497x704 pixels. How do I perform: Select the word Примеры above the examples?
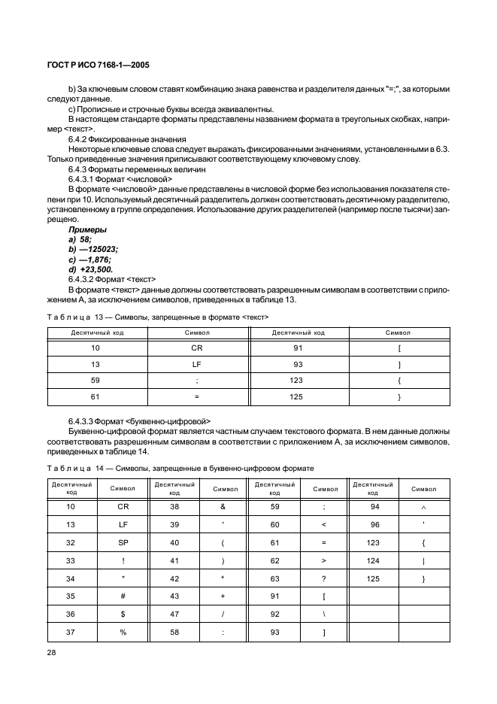[x=87, y=229]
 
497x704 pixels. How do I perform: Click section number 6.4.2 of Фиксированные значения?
[x=80, y=139]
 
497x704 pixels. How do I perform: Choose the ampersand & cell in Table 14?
[x=224, y=507]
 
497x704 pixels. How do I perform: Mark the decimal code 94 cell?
[x=373, y=507]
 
